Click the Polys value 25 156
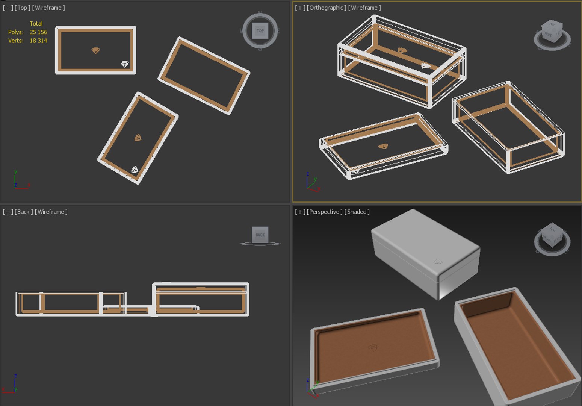(38, 32)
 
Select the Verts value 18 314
(38, 41)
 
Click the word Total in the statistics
(36, 24)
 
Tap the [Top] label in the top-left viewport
(22, 8)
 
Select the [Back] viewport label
(23, 212)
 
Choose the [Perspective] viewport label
(324, 212)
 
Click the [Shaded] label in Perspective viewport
(357, 212)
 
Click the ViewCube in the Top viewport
(260, 31)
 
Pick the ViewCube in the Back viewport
(260, 235)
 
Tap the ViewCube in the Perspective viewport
(552, 239)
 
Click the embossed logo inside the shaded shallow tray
(373, 348)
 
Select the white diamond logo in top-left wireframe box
(125, 64)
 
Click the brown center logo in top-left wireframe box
(96, 50)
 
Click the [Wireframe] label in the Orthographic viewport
(364, 8)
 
